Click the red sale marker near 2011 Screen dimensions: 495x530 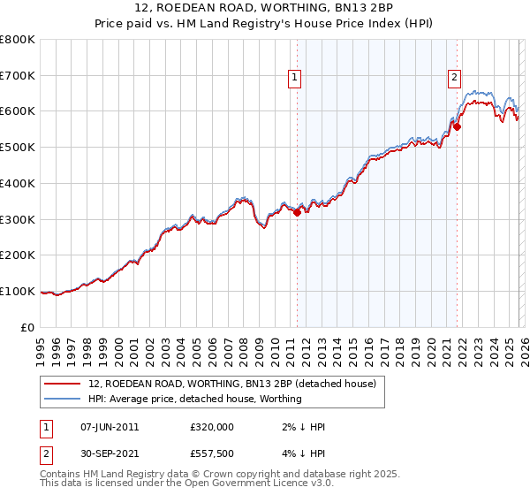click(x=297, y=212)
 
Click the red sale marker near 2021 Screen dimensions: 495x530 click(x=458, y=126)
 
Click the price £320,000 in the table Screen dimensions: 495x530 click(x=212, y=426)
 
